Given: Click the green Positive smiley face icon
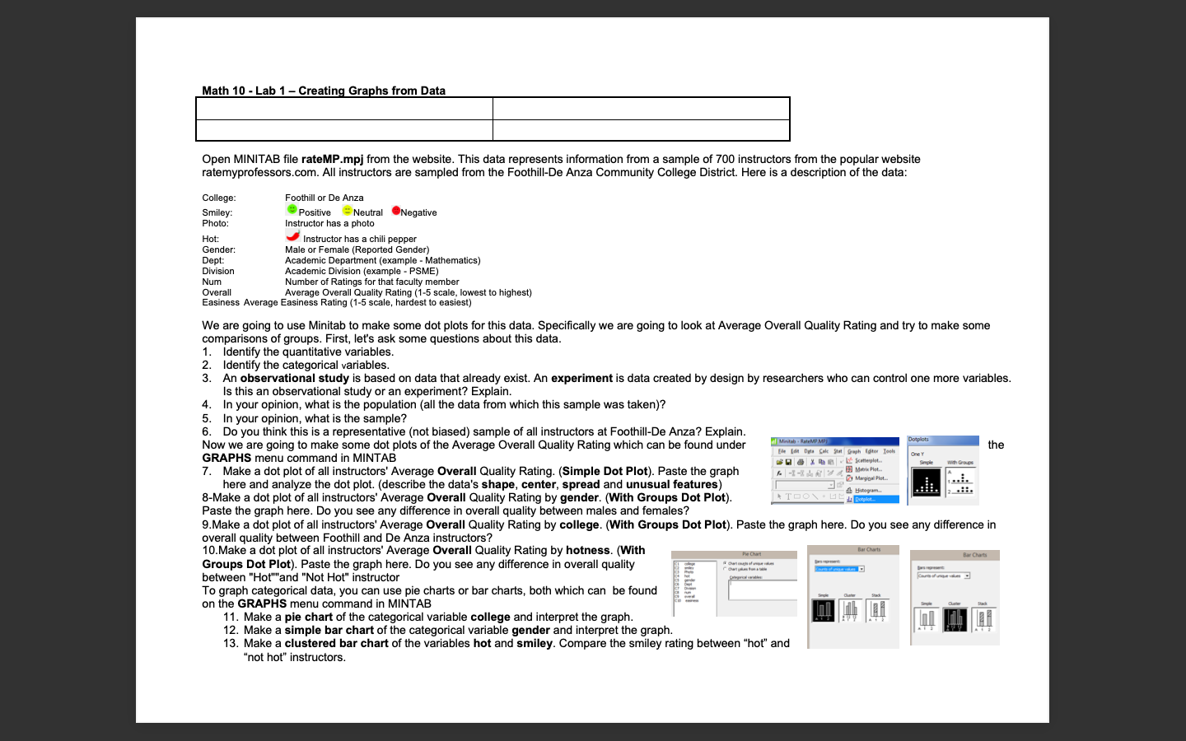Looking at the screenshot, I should [x=292, y=210].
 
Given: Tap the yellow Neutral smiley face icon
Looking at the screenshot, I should [x=347, y=211].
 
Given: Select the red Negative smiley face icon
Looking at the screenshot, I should [x=395, y=211].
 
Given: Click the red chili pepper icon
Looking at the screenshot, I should [x=292, y=236].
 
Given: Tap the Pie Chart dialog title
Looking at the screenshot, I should [x=751, y=554].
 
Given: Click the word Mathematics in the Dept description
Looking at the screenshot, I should [x=451, y=260].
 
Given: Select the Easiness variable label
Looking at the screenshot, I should [x=221, y=302].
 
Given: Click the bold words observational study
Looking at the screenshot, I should [x=294, y=378].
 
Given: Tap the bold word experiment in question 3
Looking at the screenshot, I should [x=581, y=378].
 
